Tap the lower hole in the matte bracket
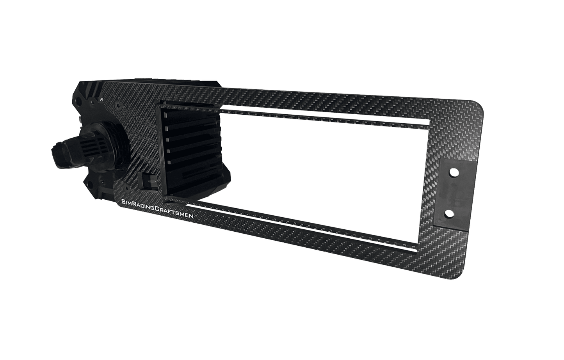coord(449,214)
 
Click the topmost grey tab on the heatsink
coord(165,115)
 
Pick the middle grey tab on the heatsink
coord(166,139)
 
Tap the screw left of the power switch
coord(126,187)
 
